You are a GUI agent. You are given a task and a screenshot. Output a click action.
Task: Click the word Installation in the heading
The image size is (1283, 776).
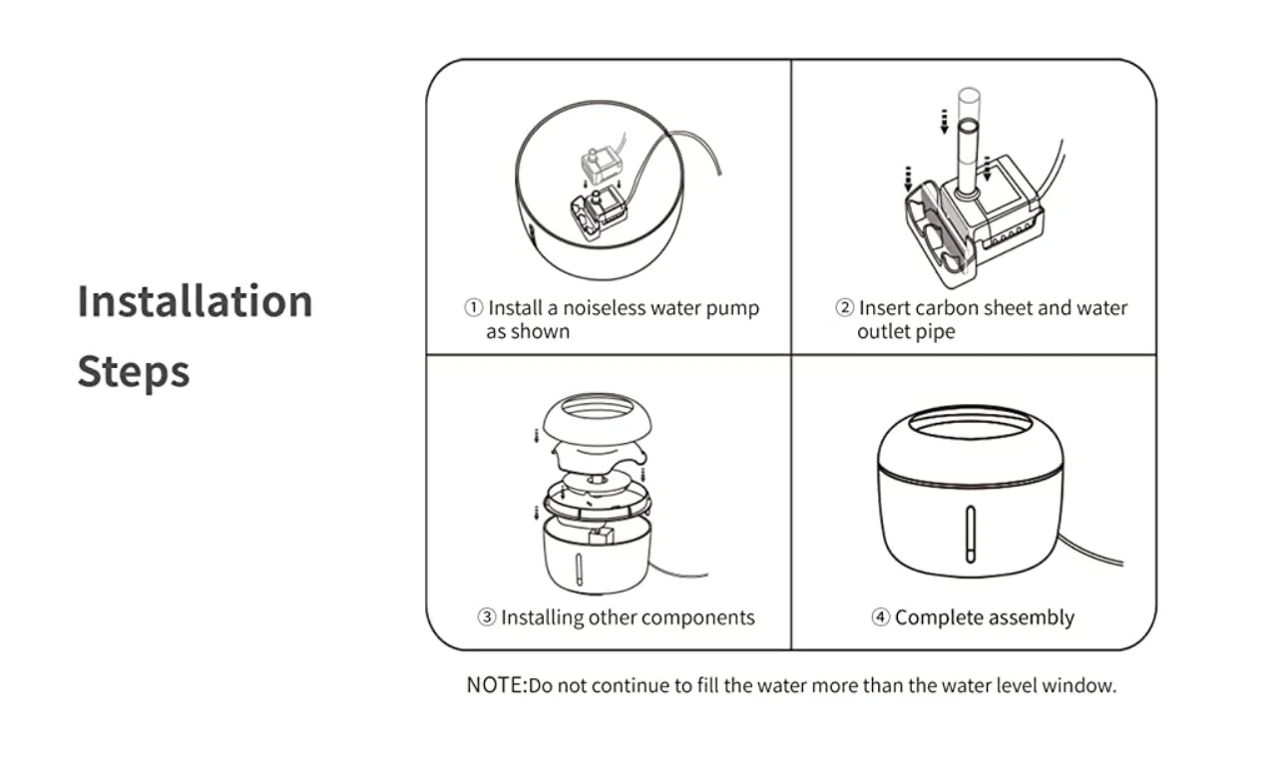195,301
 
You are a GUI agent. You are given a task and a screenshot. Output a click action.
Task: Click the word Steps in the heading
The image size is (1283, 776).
134,372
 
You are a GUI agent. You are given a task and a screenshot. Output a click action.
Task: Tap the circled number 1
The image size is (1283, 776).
474,308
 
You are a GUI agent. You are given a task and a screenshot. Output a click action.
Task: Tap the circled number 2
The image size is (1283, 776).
844,308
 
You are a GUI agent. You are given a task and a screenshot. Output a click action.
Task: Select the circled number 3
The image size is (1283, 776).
487,617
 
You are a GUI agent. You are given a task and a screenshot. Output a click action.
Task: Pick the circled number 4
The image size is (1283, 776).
881,617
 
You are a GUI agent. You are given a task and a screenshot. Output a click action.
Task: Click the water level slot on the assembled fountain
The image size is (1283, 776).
970,534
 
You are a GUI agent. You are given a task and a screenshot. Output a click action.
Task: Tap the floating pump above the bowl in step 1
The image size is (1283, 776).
598,162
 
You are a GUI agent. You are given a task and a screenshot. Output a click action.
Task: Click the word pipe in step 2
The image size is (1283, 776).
936,332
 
